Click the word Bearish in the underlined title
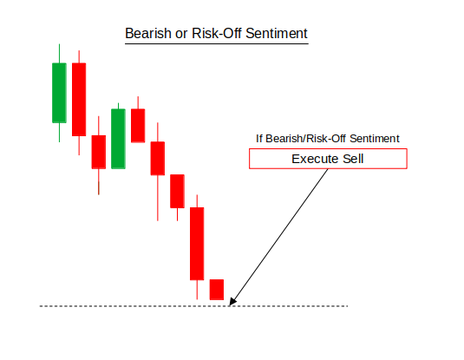[148, 33]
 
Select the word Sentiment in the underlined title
[277, 33]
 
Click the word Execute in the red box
[315, 159]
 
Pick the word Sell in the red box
[353, 159]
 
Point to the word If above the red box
[259, 139]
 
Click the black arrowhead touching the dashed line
[232, 302]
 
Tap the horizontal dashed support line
[193, 306]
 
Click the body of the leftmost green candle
[59, 93]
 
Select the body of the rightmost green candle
[118, 139]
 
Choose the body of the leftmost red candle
[79, 100]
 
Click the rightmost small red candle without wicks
[217, 290]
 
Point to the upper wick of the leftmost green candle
[60, 53]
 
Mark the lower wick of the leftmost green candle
[60, 133]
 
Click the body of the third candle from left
[99, 152]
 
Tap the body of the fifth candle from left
[138, 126]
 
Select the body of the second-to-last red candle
[197, 244]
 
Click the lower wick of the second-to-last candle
[197, 290]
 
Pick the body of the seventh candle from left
[177, 191]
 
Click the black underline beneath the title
[217, 44]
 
